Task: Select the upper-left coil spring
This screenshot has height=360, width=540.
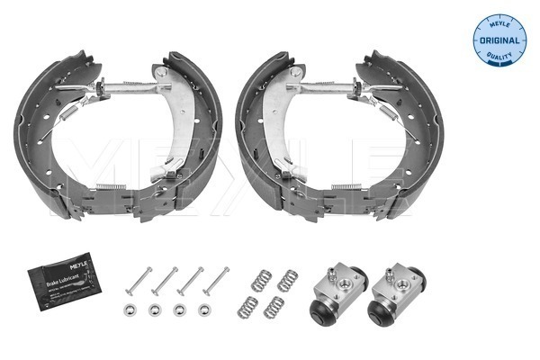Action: [260, 278]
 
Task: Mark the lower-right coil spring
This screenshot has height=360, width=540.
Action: [274, 308]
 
